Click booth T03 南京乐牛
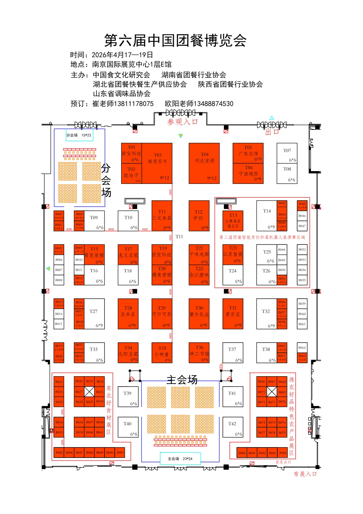pos(157,163)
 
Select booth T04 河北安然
pos(204,163)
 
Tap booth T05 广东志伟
pos(248,153)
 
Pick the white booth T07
pos(287,153)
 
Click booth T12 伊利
pos(199,216)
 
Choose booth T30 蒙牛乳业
pos(199,314)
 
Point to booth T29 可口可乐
pos(162,314)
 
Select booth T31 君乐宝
pos(233,314)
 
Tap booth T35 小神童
pos(162,353)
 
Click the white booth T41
pos(232,397)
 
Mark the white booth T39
pos(127,397)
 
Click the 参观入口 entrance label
pos(183,122)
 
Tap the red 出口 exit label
pos(272,132)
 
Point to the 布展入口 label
pos(305,474)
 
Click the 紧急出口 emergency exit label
pos(283,462)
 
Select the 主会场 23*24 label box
pos(180,459)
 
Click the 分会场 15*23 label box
pos(79,135)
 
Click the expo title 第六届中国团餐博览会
pos(175,41)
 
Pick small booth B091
pos(120,452)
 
